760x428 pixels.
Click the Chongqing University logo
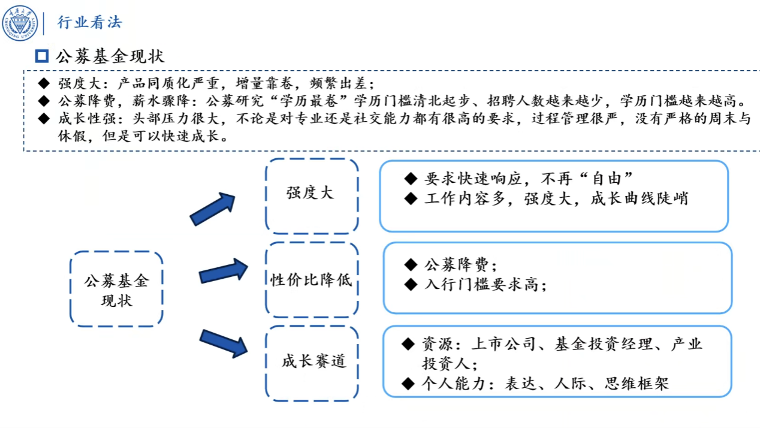click(20, 23)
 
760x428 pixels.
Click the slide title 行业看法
click(89, 22)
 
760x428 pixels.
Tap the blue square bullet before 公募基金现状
click(42, 56)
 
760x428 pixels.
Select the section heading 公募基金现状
click(110, 56)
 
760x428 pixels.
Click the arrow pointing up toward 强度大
click(213, 209)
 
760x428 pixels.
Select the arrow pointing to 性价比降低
click(223, 271)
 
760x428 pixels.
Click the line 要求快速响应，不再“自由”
click(529, 179)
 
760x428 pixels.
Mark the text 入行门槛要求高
click(481, 284)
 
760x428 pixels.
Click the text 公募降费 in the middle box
click(457, 265)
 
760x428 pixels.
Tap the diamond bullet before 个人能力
click(408, 384)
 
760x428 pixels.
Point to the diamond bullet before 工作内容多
click(411, 198)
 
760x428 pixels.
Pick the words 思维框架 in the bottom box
click(637, 384)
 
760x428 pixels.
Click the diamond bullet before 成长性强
click(44, 119)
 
